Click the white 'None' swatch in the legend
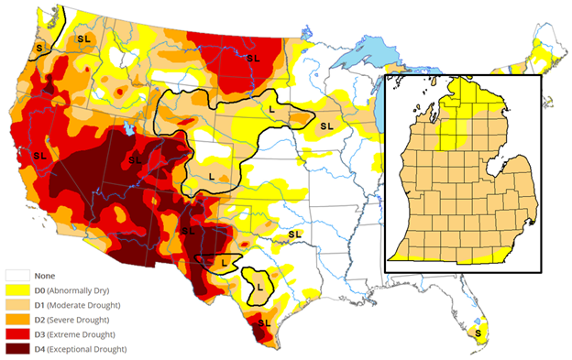coord(17,275)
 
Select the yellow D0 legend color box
coord(17,290)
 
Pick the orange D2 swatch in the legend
coord(17,320)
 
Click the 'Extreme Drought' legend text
coord(83,334)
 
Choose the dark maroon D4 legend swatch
coord(17,349)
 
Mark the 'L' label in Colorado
coord(212,174)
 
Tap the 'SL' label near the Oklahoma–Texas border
coord(295,235)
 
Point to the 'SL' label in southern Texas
coord(265,322)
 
